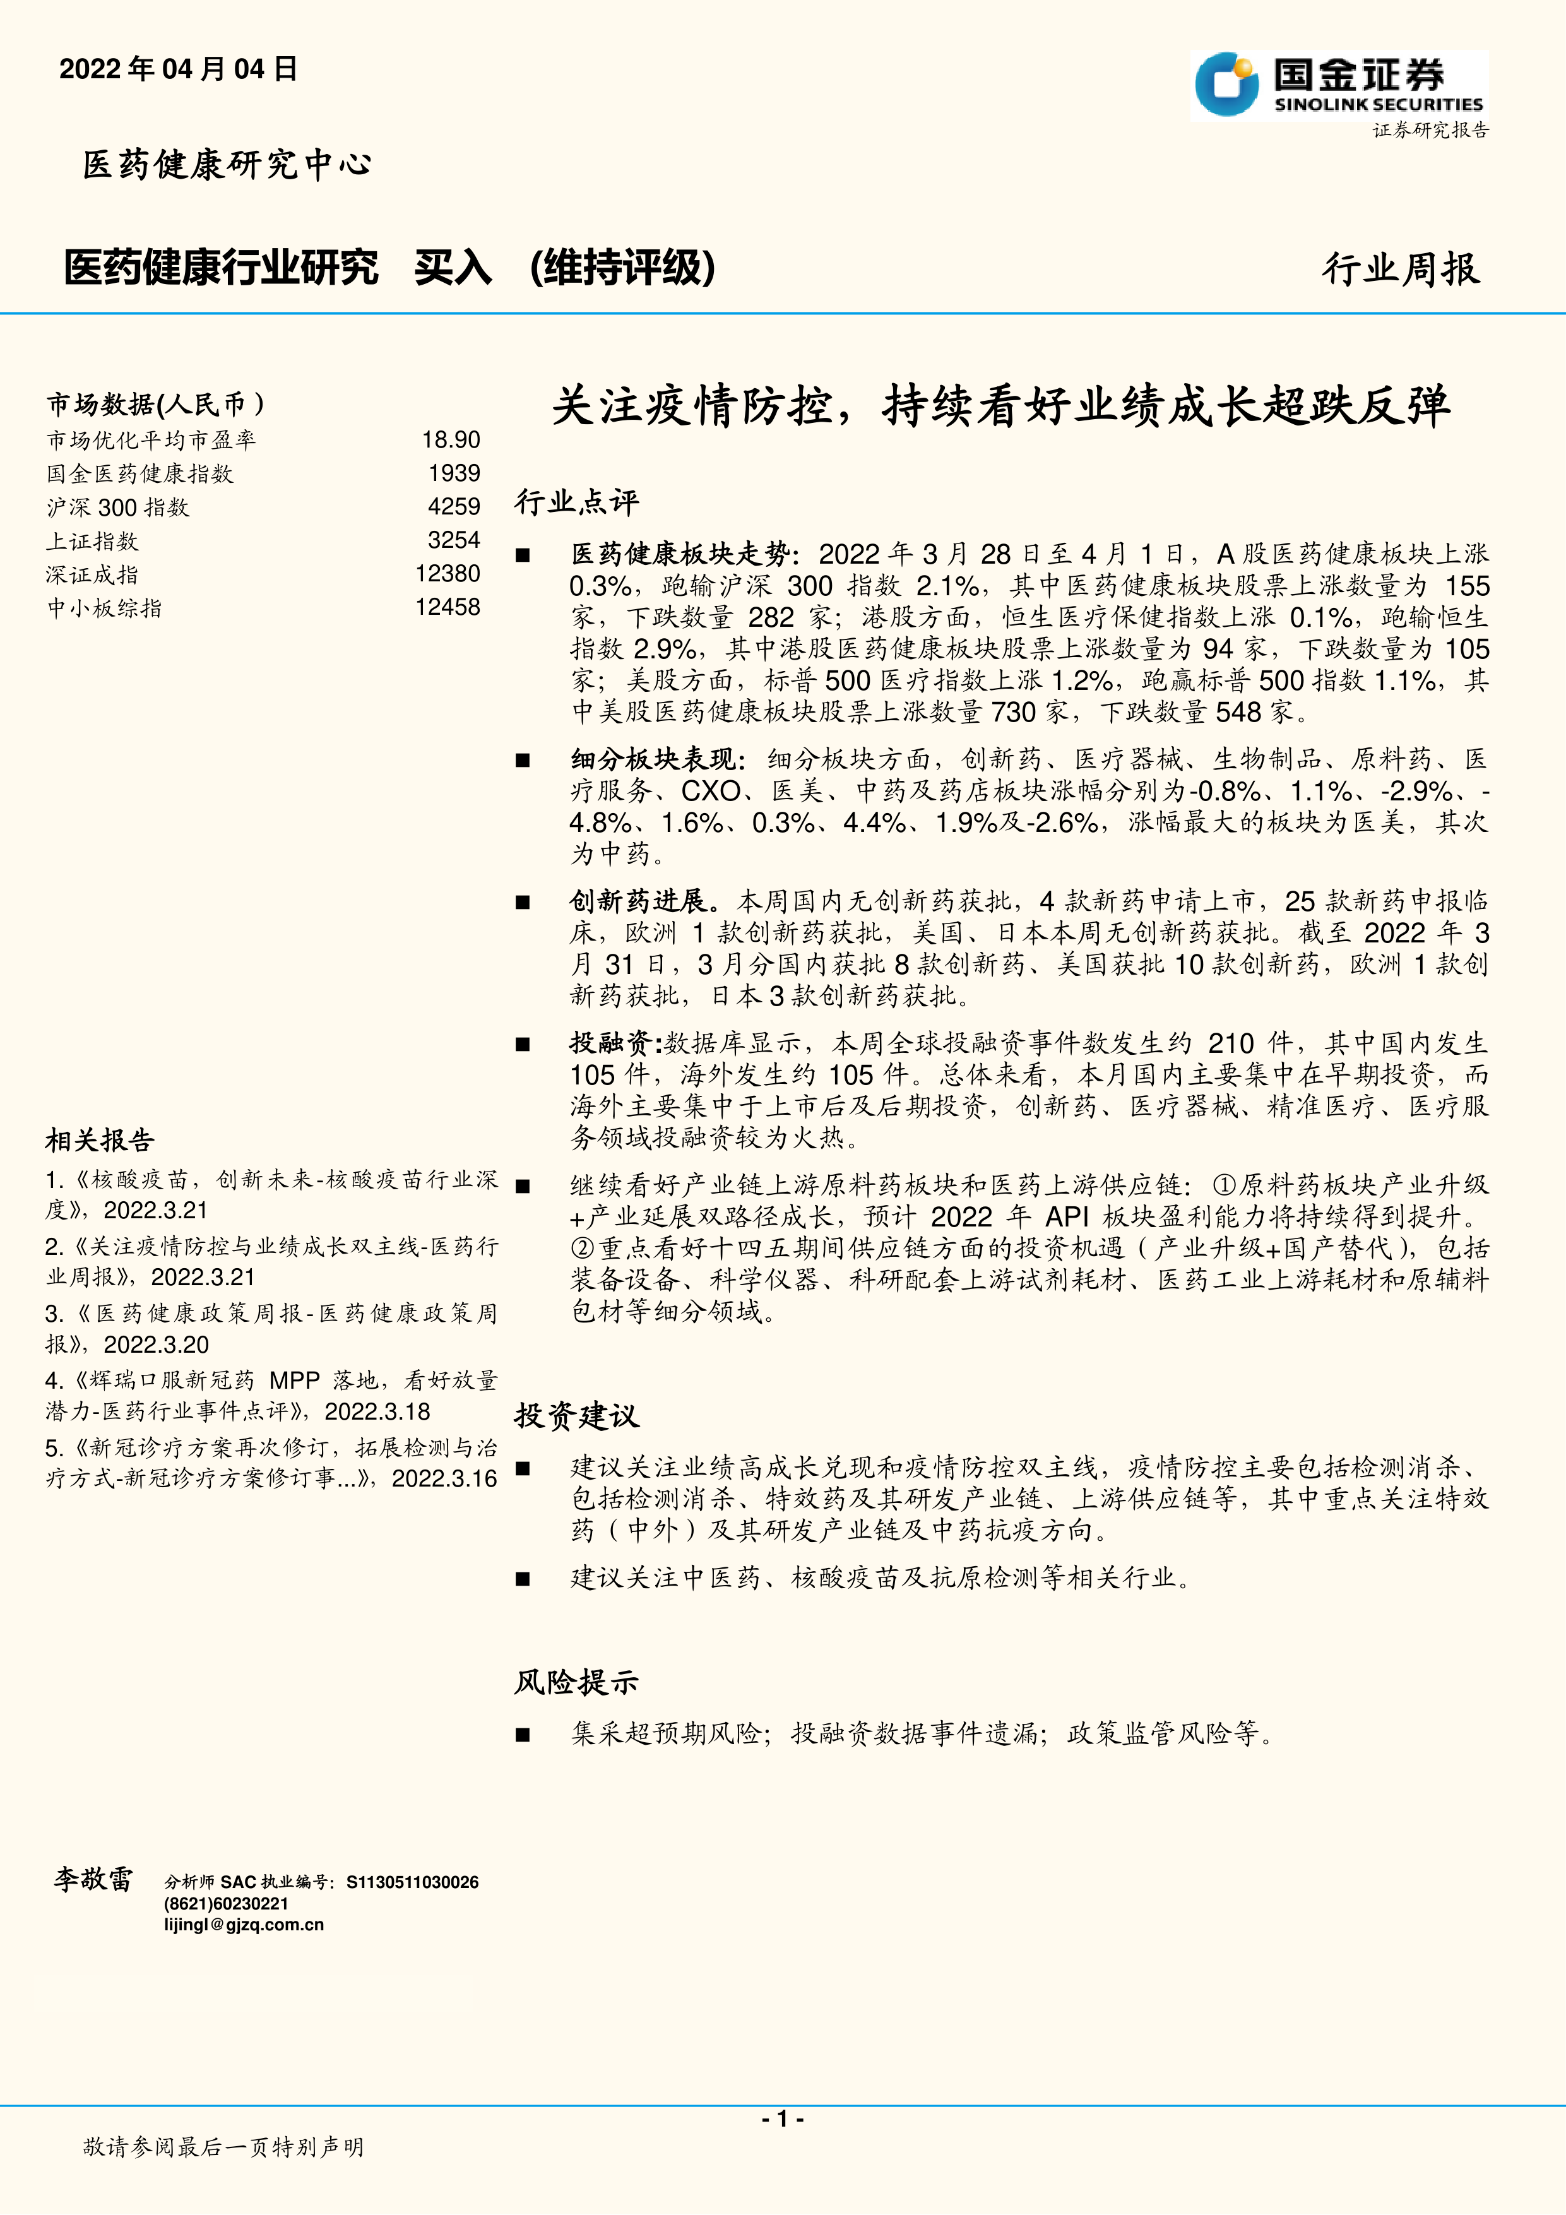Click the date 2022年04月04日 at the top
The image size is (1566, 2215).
pos(179,69)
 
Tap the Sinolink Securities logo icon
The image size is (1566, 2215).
pos(1226,85)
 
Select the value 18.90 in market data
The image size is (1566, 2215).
pos(451,440)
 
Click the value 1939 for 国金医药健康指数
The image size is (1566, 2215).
pos(454,473)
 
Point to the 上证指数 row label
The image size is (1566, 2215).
pos(93,541)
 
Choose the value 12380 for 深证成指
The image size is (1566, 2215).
pos(448,574)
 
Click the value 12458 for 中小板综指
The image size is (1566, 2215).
pos(448,607)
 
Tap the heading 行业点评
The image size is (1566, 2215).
pos(576,502)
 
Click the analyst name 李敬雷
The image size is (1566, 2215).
pos(93,1879)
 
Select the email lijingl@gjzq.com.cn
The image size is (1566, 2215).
pos(244,1925)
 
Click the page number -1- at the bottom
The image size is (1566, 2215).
pos(783,2118)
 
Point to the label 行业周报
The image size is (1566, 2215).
pos(1400,269)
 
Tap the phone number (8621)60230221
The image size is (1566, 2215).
pos(226,1903)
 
